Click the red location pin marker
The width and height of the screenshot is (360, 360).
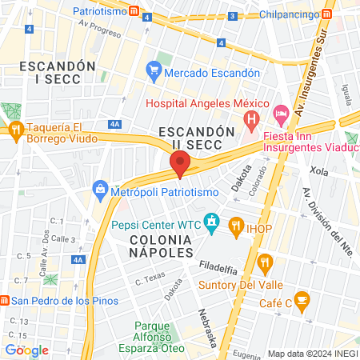pos(180,165)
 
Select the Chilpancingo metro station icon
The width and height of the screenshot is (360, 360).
pos(327,14)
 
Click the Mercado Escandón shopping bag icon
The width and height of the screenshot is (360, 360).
pos(154,72)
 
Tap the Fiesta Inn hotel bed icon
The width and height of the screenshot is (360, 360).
pos(280,115)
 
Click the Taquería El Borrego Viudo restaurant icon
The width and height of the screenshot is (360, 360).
pos(15,130)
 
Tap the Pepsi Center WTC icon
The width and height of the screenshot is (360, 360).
pos(212,222)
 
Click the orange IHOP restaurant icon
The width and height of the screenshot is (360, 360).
pos(235,225)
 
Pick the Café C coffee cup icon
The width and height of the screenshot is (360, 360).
pos(302,301)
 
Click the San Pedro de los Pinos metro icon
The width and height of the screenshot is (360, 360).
pos(5,301)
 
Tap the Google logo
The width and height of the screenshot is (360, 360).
pos(26,350)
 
